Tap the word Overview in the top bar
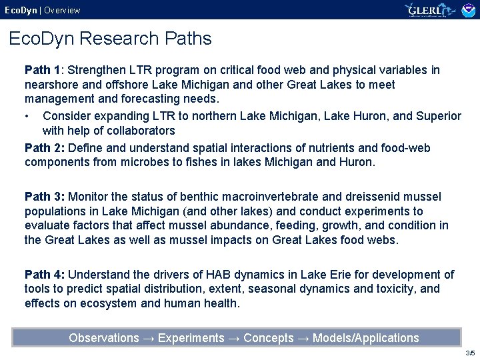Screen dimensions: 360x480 point(62,10)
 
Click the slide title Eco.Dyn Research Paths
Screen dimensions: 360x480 point(110,39)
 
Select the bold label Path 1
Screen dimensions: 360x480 point(43,70)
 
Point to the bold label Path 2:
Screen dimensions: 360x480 point(45,147)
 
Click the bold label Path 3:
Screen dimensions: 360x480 point(45,197)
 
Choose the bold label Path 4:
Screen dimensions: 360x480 point(45,274)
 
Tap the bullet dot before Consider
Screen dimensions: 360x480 point(27,116)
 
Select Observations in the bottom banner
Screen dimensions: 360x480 point(104,338)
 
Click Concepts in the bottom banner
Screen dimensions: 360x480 point(269,338)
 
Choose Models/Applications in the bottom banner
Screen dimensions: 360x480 point(366,338)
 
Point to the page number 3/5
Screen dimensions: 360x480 point(470,353)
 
